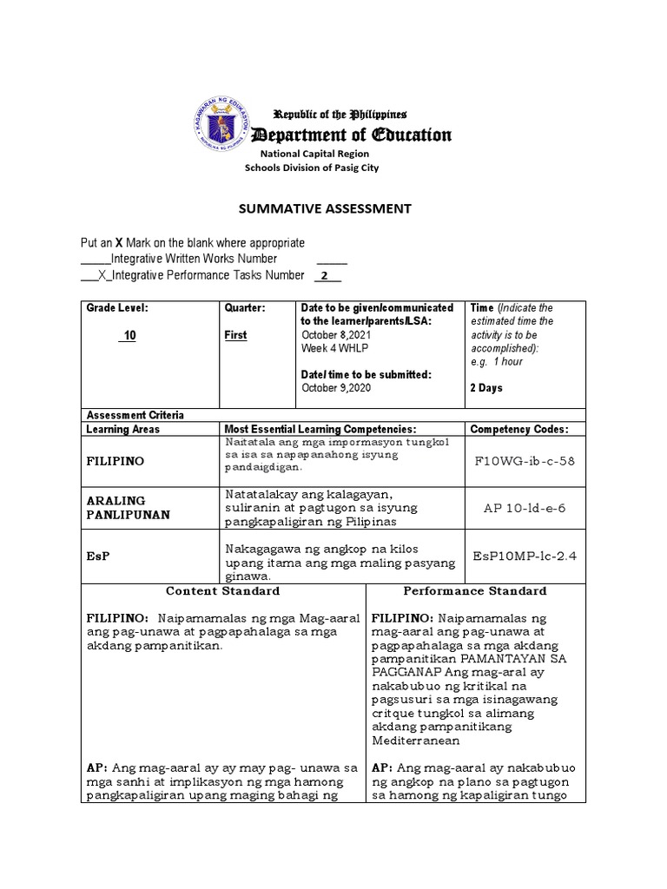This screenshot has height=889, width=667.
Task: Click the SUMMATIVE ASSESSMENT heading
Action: [319, 208]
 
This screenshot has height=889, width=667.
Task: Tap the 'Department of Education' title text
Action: [351, 135]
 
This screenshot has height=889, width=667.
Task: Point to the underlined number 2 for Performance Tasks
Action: [325, 276]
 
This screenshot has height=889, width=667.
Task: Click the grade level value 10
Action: [129, 336]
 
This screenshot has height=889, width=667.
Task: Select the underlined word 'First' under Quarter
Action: [235, 336]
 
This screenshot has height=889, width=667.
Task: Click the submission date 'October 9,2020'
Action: [335, 388]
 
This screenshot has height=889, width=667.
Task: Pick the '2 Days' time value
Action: [486, 388]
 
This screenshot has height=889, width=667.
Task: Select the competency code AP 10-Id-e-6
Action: [525, 508]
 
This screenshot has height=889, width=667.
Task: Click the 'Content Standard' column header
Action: [222, 591]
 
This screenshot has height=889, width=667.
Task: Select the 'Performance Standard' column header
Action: [475, 591]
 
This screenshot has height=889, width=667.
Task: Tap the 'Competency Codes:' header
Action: [518, 429]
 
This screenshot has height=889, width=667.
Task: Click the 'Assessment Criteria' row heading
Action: [135, 415]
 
